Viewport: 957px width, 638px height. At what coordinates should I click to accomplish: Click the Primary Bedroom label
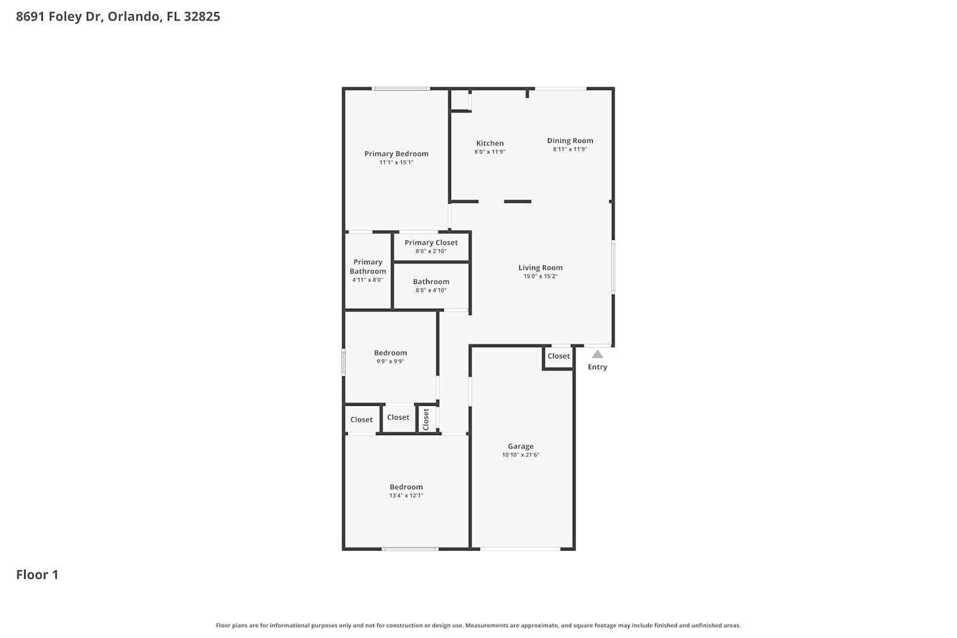point(396,154)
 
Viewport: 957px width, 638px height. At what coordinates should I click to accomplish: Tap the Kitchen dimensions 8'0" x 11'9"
point(489,152)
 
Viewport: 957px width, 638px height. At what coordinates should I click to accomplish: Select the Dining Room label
point(570,140)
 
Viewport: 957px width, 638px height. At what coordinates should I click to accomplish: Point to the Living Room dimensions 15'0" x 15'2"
point(540,276)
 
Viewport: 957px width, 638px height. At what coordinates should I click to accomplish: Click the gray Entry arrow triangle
point(597,354)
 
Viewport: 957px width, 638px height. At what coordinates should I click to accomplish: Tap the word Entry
point(597,367)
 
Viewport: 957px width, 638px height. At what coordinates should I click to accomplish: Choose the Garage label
point(521,446)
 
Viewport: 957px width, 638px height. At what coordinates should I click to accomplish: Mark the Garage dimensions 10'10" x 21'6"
point(521,455)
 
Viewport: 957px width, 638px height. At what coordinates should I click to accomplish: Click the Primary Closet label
point(431,242)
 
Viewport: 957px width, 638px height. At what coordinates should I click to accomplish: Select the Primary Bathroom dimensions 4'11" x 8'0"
point(367,280)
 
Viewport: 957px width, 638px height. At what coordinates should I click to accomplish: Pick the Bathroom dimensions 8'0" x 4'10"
point(431,290)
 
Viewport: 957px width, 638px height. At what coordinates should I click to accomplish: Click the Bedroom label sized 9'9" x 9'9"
point(390,353)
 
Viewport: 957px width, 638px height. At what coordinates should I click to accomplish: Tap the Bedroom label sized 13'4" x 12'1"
point(406,487)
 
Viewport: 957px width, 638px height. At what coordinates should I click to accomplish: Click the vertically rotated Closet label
point(426,419)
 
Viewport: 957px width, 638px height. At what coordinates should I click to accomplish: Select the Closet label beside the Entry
point(558,356)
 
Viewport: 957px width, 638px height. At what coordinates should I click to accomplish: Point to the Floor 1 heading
point(37,575)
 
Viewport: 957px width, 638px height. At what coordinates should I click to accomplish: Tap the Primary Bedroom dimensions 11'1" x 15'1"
point(396,163)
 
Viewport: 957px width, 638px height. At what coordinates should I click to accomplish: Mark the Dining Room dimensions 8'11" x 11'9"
point(570,149)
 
